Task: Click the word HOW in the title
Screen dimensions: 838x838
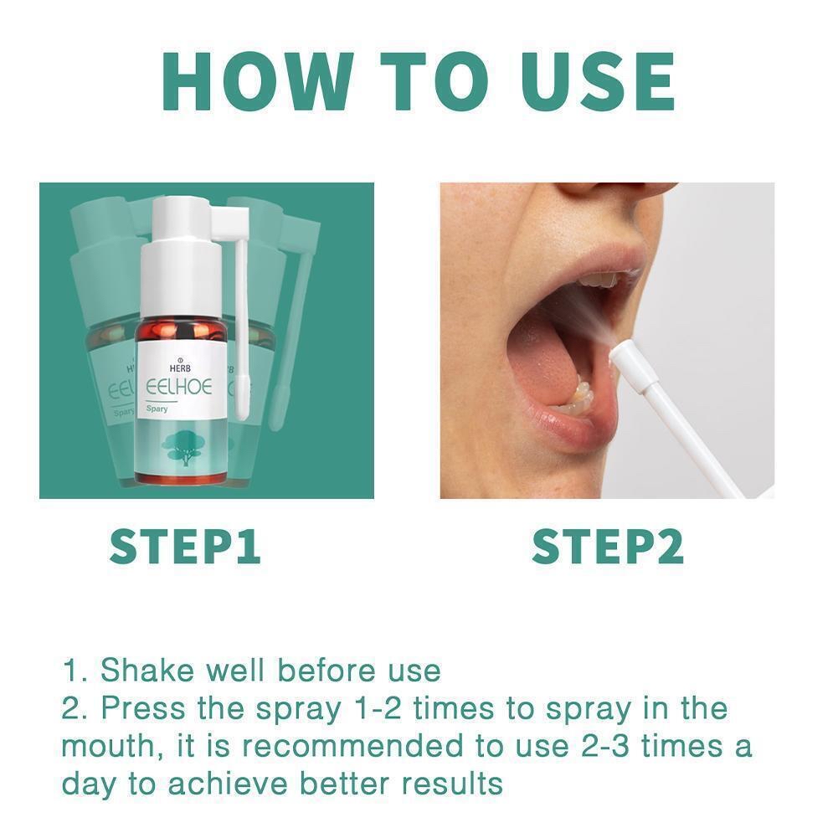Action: click(258, 82)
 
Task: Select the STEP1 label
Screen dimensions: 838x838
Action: click(185, 546)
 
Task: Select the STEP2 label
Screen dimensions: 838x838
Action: click(608, 546)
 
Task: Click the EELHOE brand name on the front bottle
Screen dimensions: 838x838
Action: click(179, 387)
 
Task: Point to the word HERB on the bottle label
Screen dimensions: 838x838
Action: click(179, 368)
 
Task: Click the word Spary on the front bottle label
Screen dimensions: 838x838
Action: click(157, 409)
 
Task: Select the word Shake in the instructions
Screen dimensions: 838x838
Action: click(147, 671)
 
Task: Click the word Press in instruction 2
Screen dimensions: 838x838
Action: click(143, 708)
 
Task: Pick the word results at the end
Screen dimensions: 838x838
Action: click(452, 784)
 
